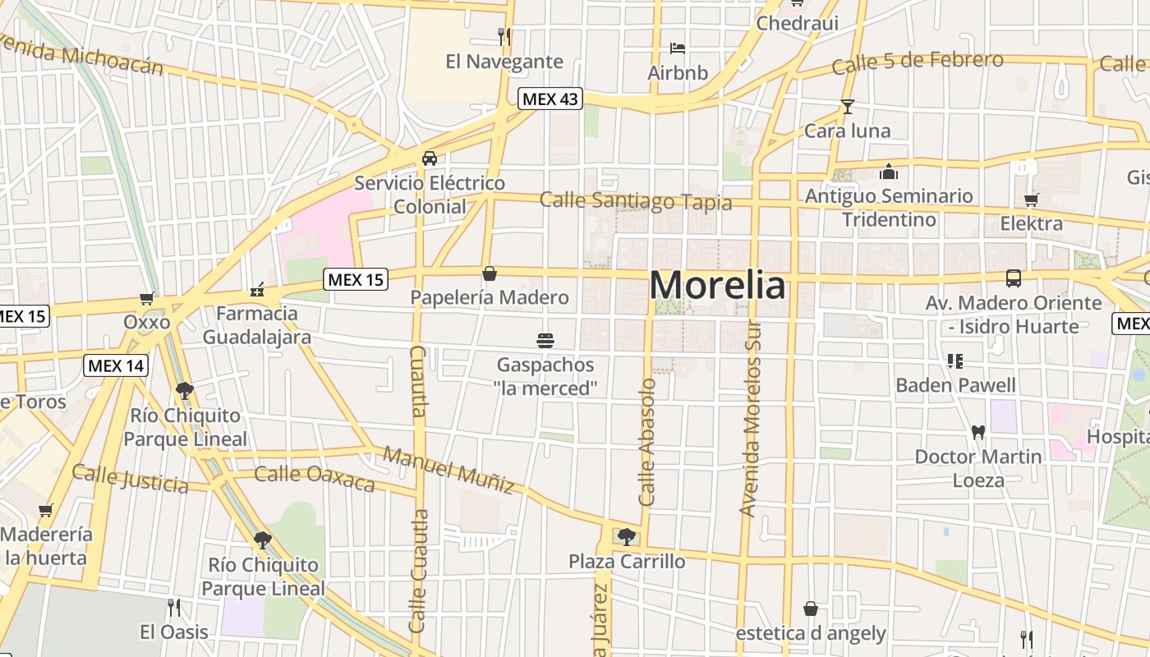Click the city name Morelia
pyautogui.click(x=717, y=285)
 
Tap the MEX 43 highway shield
pyautogui.click(x=550, y=99)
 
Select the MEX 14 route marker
pyautogui.click(x=116, y=365)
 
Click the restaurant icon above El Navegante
pyautogui.click(x=504, y=36)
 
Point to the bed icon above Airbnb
pyautogui.click(x=678, y=48)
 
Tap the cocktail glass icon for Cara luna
pyautogui.click(x=848, y=107)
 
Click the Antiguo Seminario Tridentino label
pyautogui.click(x=889, y=208)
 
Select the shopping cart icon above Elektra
pyautogui.click(x=1031, y=200)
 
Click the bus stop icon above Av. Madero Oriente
pyautogui.click(x=1014, y=278)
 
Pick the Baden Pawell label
pyautogui.click(x=955, y=385)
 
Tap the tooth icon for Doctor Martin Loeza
pyautogui.click(x=977, y=432)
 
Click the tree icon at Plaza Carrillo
pyautogui.click(x=627, y=537)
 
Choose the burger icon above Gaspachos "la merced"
pyautogui.click(x=545, y=340)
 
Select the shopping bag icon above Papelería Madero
pyautogui.click(x=490, y=273)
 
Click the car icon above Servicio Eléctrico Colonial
pyautogui.click(x=430, y=159)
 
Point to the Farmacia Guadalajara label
pyautogui.click(x=257, y=325)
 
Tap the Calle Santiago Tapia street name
pyautogui.click(x=635, y=201)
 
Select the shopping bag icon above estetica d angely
pyautogui.click(x=811, y=609)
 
